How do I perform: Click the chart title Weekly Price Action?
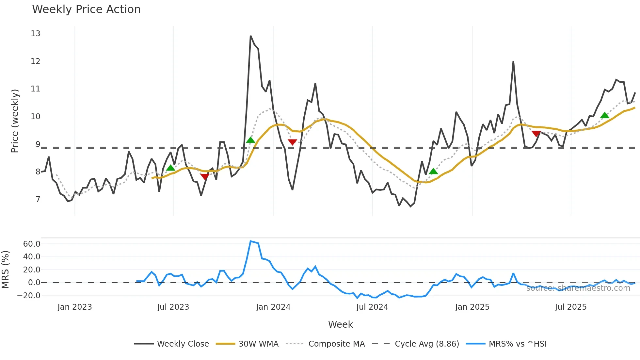pyautogui.click(x=86, y=9)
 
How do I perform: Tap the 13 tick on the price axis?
pyautogui.click(x=35, y=34)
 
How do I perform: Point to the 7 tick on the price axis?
pyautogui.click(x=38, y=200)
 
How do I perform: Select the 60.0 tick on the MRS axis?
pyautogui.click(x=32, y=244)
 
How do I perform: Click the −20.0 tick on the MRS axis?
pyautogui.click(x=29, y=296)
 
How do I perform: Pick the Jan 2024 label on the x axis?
pyautogui.click(x=273, y=307)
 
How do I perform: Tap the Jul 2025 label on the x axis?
pyautogui.click(x=570, y=307)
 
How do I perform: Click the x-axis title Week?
pyautogui.click(x=340, y=324)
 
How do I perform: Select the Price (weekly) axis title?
pyautogui.click(x=15, y=121)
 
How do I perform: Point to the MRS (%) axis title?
pyautogui.click(x=6, y=270)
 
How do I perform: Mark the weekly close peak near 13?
pyautogui.click(x=250, y=36)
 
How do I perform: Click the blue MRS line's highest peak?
pyautogui.click(x=250, y=241)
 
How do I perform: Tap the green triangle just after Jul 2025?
pyautogui.click(x=605, y=115)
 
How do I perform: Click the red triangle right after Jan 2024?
pyautogui.click(x=292, y=142)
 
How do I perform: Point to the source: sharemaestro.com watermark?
pyautogui.click(x=578, y=288)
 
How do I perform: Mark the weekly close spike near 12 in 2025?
pyautogui.click(x=513, y=61)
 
